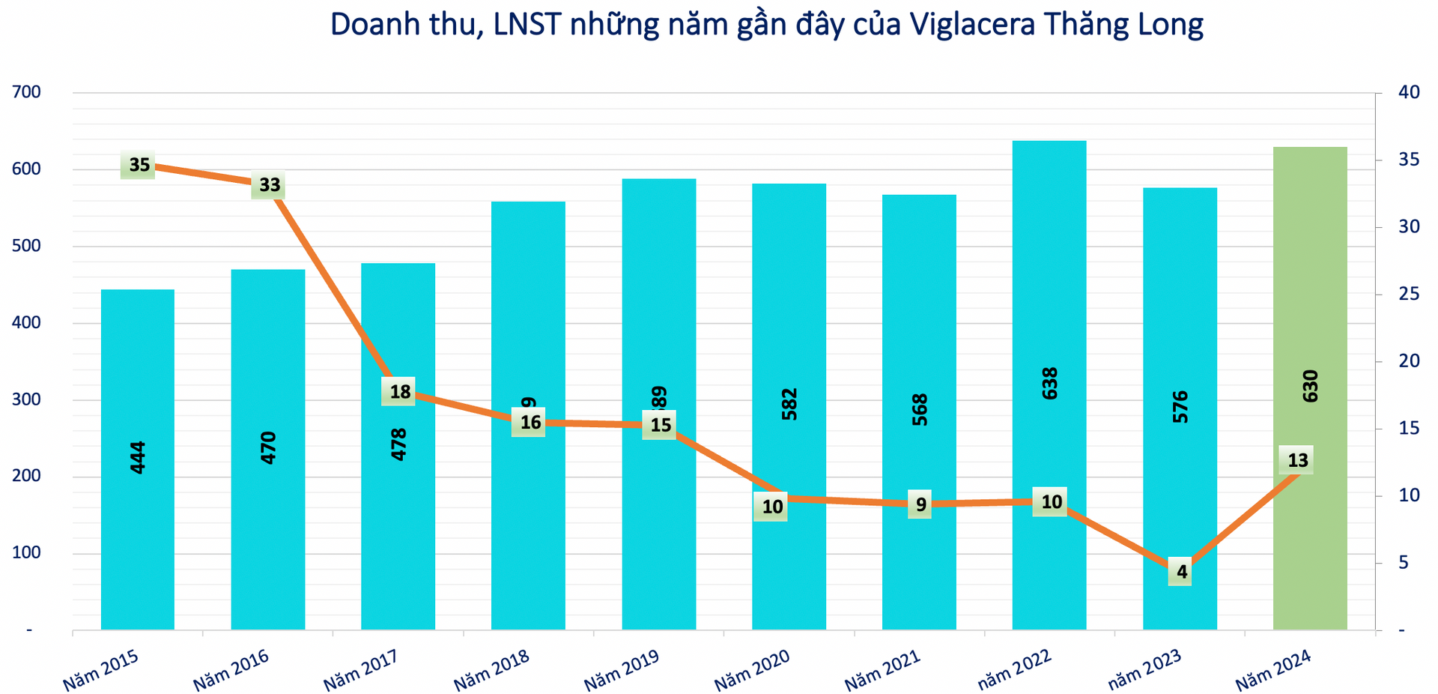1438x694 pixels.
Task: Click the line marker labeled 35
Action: (139, 165)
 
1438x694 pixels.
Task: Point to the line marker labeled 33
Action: (269, 184)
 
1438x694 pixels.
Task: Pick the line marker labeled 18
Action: (399, 391)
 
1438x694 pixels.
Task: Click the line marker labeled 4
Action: (1181, 572)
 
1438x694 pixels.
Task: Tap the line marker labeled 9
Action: (920, 504)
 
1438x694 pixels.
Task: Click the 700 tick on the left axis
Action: (27, 92)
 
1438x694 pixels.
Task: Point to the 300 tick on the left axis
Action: (27, 399)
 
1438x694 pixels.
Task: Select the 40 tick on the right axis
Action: (1408, 92)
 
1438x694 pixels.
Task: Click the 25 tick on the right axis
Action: (1408, 294)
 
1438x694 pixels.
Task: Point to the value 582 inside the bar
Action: (789, 403)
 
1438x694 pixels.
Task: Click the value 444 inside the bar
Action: (138, 457)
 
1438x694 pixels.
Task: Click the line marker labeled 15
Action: (660, 425)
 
